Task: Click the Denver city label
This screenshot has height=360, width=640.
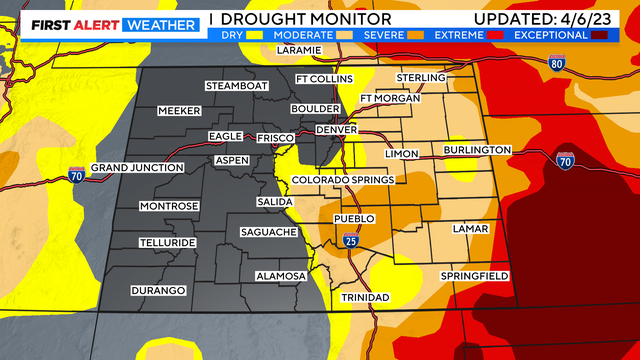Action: pos(335,130)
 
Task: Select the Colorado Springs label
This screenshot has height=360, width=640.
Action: pos(342,180)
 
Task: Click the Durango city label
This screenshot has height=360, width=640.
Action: pos(158,290)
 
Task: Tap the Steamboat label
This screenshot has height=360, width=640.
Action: pos(237,86)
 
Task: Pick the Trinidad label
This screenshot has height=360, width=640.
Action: pos(365,298)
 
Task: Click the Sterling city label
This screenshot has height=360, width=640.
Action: pos(420,77)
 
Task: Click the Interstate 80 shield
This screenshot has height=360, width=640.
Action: pos(558,63)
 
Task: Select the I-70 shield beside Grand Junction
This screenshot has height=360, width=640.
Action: pos(77,175)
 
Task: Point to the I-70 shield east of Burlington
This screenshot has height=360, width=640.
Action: pos(564,159)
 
